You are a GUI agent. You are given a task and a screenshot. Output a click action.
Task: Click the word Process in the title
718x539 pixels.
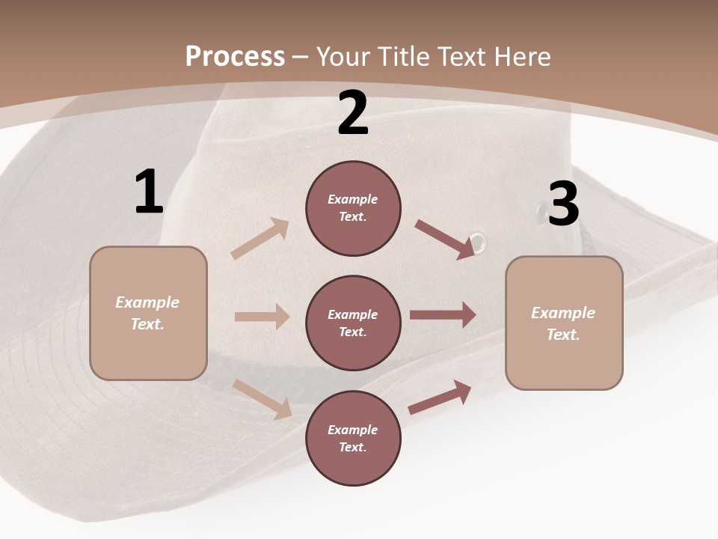[235, 57]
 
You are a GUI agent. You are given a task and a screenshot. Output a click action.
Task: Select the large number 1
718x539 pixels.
[149, 192]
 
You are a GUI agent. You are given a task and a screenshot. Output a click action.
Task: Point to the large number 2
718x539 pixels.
[353, 113]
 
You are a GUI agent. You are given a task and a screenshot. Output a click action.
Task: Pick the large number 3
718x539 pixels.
[564, 204]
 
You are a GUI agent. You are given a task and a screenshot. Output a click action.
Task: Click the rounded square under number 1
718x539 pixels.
[148, 313]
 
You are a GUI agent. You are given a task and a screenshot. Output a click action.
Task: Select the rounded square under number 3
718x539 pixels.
[564, 323]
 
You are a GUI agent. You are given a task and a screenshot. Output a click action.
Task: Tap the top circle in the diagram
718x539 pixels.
[353, 208]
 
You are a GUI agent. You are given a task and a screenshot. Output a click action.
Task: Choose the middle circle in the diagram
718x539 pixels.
[353, 323]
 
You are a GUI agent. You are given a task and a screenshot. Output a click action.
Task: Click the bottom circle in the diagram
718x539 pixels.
[353, 439]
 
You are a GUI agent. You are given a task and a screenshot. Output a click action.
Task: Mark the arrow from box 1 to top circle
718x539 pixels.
[260, 239]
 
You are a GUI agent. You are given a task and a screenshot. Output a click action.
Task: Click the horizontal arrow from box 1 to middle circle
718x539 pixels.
[262, 317]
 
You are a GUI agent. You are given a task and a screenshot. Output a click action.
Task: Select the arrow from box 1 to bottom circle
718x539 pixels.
[263, 399]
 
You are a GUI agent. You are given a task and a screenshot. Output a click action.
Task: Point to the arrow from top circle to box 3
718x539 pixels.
[444, 239]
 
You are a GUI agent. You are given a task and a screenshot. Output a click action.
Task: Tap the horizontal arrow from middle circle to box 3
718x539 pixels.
[443, 315]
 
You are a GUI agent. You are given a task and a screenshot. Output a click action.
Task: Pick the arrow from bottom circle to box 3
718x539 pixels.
[440, 398]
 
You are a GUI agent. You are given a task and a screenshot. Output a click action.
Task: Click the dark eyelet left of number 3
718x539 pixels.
[540, 213]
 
